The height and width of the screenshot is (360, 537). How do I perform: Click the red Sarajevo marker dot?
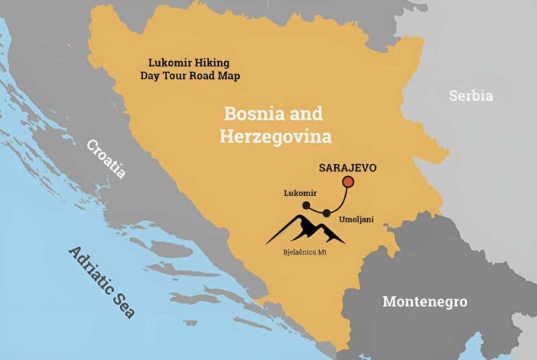[348, 181]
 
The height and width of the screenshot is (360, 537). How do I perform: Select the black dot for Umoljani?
[326, 214]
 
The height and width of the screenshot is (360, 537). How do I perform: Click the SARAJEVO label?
[348, 166]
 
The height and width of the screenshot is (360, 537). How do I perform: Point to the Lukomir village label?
[299, 193]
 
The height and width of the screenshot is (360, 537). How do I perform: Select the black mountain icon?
[305, 230]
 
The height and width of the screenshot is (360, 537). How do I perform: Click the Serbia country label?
[471, 95]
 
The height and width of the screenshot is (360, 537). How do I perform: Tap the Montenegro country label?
[424, 301]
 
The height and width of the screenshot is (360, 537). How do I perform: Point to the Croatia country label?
[105, 159]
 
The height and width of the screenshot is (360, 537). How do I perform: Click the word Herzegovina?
[275, 136]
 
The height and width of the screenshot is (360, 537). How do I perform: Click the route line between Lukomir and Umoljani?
[316, 210]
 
